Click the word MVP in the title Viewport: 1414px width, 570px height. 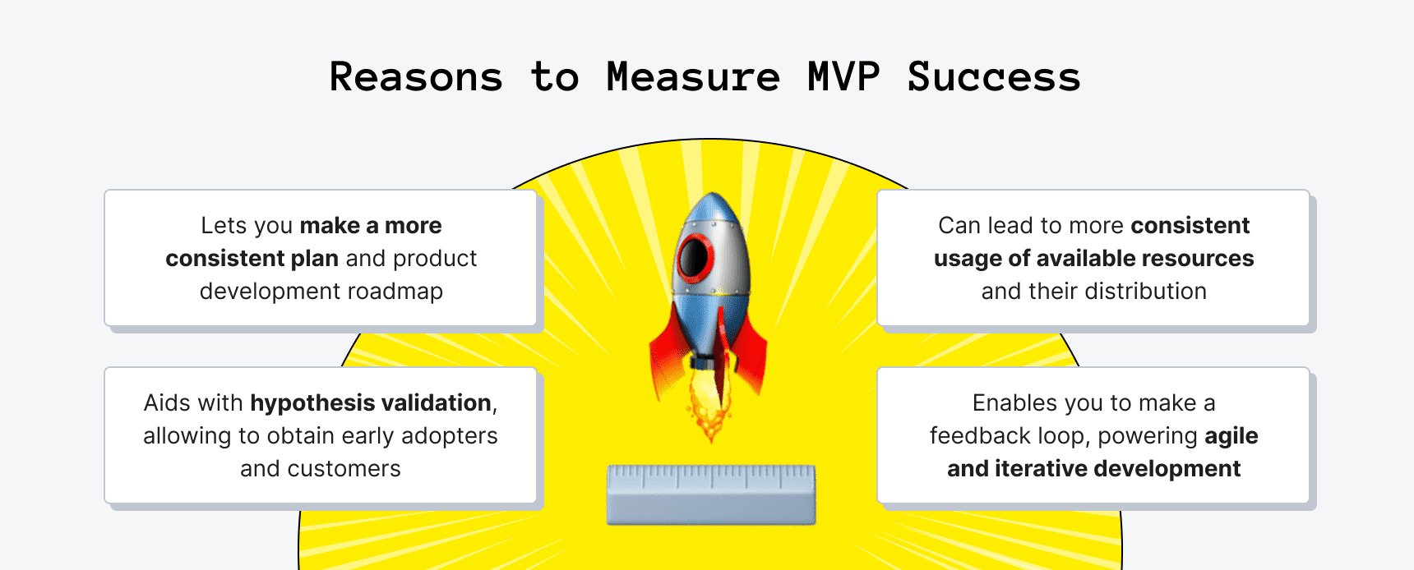[x=843, y=77]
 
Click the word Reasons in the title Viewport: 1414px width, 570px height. [x=416, y=77]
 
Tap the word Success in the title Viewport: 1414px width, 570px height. [x=994, y=77]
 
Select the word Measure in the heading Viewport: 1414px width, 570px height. [x=693, y=77]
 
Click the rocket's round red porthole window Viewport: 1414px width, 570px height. [x=695, y=257]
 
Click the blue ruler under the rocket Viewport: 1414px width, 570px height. [x=711, y=494]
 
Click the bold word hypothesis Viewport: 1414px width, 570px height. [x=312, y=403]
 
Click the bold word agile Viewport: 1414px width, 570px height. [x=1231, y=436]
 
